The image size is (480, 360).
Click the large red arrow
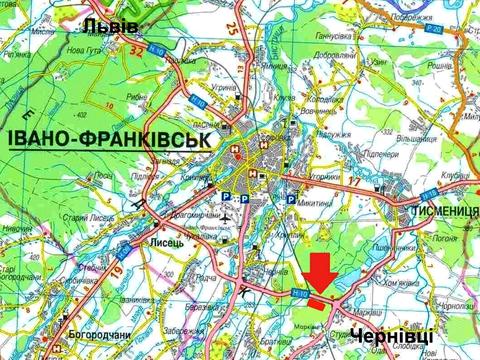click(x=318, y=272)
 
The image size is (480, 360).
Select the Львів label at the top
click(x=110, y=27)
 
